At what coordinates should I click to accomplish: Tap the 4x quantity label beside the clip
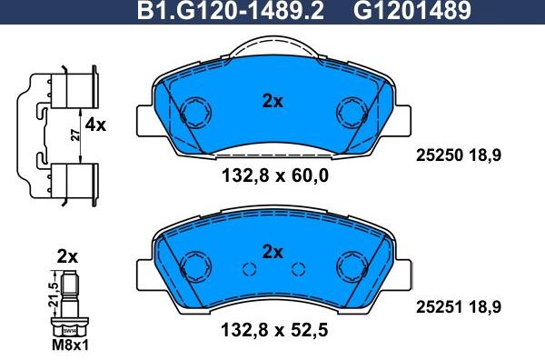[x=95, y=125]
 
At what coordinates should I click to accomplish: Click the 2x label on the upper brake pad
[x=272, y=102]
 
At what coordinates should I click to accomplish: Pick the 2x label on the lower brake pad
[x=272, y=252]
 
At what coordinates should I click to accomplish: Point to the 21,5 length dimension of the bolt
[x=54, y=294]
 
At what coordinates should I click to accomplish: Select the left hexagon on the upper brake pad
[x=193, y=114]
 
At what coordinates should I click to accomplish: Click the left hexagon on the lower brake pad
[x=193, y=265]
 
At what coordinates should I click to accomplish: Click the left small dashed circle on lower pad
[x=248, y=268]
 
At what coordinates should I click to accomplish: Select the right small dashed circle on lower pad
[x=297, y=268]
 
